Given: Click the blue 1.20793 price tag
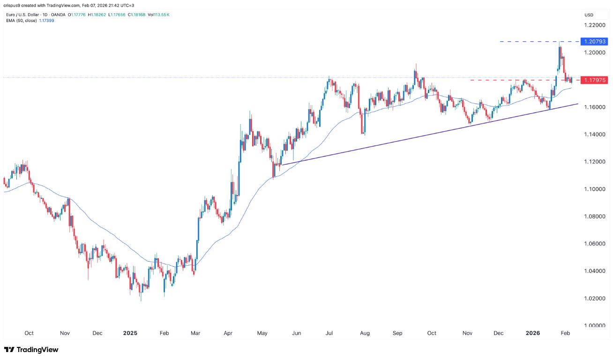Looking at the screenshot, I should (x=595, y=42).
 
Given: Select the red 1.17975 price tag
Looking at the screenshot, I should (x=595, y=80).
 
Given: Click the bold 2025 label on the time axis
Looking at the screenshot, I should (x=130, y=333).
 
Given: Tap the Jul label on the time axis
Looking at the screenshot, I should (x=329, y=333).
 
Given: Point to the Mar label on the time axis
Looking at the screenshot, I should (x=195, y=333).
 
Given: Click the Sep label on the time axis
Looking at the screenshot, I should (x=397, y=333).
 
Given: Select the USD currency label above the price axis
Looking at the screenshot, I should (x=588, y=15).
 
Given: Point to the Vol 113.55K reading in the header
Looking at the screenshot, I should (x=157, y=15).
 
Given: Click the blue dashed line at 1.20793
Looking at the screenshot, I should (x=525, y=42).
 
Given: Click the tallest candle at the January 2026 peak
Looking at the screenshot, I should (x=560, y=54).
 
